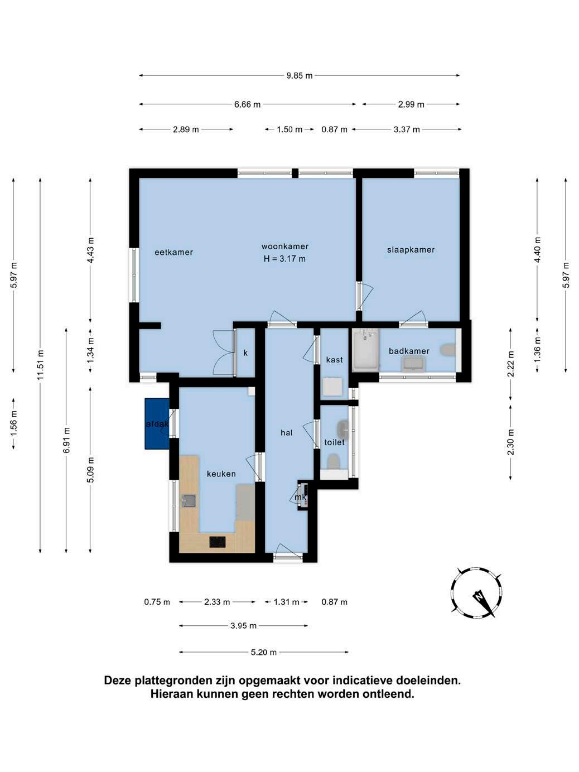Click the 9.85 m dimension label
299,76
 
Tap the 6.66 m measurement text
247,104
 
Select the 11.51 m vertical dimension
40,365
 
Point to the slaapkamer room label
411,250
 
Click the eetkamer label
173,252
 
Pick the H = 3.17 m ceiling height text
284,259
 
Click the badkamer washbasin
414,363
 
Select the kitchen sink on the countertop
189,500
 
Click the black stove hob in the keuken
218,542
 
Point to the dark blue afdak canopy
157,423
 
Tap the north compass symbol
477,594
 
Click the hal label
287,433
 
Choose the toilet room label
334,442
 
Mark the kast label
334,359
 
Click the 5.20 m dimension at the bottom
264,653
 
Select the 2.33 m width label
217,602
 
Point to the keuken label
221,474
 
